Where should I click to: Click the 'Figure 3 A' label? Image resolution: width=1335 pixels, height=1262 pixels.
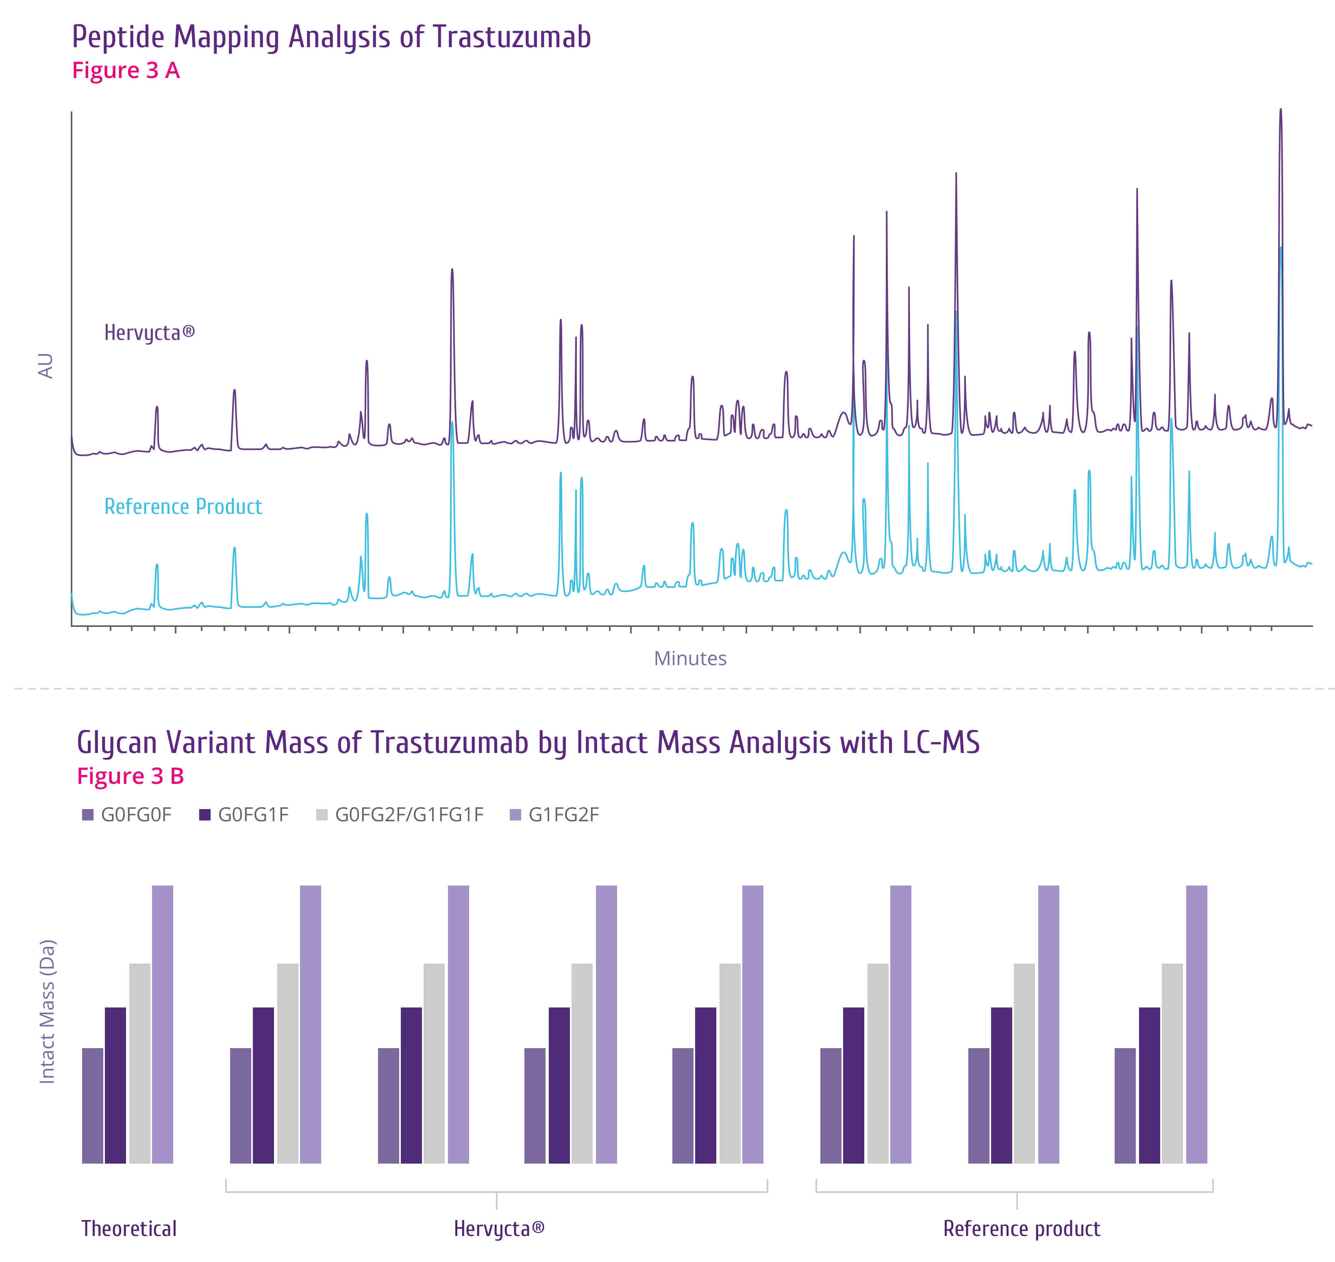[126, 71]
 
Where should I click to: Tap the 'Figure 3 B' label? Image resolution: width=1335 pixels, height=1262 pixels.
[130, 776]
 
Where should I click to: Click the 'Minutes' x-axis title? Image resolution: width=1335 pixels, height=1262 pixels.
[690, 659]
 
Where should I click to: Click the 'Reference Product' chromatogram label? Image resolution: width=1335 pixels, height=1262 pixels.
[183, 507]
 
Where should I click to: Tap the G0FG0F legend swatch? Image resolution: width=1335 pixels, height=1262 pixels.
[87, 815]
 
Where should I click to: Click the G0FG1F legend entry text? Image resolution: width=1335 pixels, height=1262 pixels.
[253, 815]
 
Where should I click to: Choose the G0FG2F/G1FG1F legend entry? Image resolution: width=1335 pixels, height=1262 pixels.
[409, 815]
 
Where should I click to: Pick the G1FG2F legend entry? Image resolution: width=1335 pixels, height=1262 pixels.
[563, 815]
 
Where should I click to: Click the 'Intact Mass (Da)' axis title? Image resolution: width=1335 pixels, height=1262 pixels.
[47, 1011]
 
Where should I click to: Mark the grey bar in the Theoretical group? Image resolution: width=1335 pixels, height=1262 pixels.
[139, 1063]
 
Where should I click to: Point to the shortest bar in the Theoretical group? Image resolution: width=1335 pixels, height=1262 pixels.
[93, 1105]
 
